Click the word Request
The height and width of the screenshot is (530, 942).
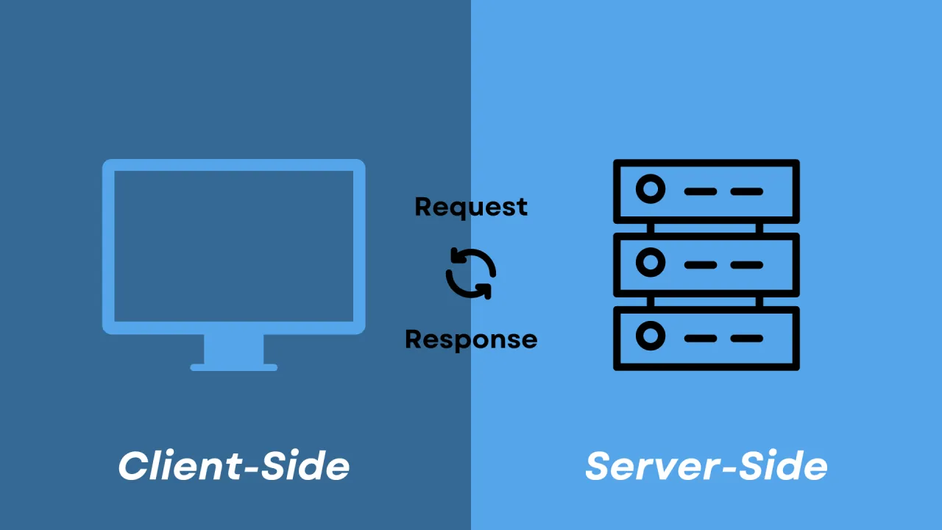pos(471,207)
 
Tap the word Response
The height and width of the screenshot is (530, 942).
pos(471,339)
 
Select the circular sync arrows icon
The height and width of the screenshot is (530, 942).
pos(471,274)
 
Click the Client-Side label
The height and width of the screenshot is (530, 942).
pos(234,466)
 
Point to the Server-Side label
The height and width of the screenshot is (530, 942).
pos(706,466)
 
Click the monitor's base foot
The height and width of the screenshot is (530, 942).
pos(234,367)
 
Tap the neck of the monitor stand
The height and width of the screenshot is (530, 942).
pos(234,348)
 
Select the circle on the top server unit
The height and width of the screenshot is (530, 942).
pos(651,190)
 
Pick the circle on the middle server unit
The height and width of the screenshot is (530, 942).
pos(651,263)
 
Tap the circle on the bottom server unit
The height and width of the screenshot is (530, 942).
pos(651,336)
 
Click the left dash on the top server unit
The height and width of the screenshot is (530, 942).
pos(701,191)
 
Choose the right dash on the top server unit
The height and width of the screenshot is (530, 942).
pos(747,191)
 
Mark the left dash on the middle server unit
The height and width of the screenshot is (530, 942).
pos(701,264)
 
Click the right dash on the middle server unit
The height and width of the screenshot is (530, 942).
pos(747,264)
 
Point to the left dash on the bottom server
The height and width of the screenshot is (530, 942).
pos(701,338)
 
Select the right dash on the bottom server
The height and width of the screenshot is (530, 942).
pos(747,338)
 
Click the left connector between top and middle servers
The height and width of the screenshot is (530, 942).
pos(651,228)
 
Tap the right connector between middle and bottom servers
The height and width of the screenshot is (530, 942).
pos(759,302)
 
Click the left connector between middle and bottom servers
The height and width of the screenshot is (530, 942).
pos(651,302)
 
